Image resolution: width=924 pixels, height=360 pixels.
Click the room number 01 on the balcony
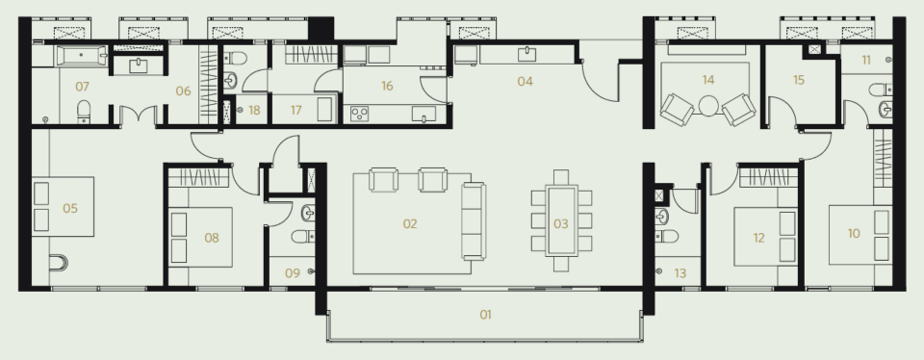point(485,315)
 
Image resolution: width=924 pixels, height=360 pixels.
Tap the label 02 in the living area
point(410,224)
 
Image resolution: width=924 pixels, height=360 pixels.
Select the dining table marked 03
point(561,221)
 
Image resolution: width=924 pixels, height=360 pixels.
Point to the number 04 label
point(526,81)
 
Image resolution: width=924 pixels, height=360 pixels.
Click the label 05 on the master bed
point(70,208)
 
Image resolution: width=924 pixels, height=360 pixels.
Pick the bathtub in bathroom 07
point(81,56)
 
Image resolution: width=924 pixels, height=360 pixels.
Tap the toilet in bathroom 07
point(84,112)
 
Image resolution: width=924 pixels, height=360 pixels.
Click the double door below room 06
point(138,115)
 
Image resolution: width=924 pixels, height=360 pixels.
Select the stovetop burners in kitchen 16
point(359,114)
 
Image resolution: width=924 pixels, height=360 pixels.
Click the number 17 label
point(295,110)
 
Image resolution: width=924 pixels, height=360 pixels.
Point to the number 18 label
point(254,110)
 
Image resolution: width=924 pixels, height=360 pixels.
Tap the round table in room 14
point(708,106)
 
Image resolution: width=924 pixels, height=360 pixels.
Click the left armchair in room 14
point(677,109)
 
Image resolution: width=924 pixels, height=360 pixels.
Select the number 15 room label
point(799,80)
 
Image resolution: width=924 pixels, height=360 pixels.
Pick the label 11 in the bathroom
point(865,60)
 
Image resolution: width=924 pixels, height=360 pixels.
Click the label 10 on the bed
point(854,234)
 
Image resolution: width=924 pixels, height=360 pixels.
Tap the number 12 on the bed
point(758,238)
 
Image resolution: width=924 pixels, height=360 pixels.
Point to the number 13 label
point(680,273)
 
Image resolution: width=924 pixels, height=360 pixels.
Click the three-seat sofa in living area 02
point(474,221)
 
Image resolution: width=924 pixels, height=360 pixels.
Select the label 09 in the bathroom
point(293,273)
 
